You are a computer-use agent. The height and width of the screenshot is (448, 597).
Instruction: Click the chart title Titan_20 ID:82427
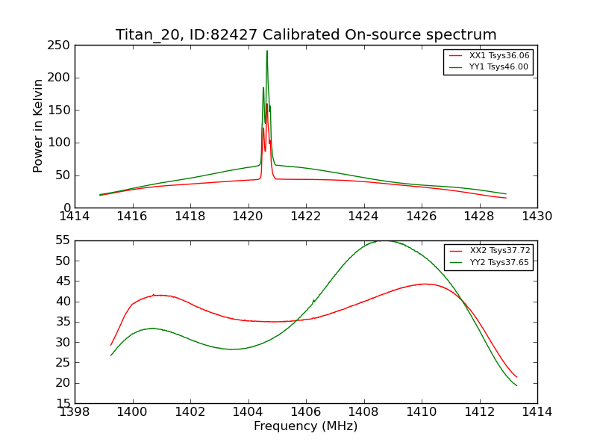(306, 35)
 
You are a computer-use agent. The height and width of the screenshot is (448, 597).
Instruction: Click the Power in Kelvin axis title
(38, 125)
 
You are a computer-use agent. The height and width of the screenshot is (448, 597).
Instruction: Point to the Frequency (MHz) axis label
(306, 426)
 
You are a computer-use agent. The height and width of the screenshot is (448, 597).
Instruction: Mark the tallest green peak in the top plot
(266, 51)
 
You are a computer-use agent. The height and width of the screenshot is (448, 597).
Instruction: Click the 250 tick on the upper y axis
(62, 46)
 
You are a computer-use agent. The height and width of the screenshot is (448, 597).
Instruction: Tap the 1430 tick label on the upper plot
(537, 217)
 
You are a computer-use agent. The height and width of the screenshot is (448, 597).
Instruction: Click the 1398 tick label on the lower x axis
(75, 411)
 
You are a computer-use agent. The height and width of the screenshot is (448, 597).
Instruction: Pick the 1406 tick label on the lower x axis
(306, 411)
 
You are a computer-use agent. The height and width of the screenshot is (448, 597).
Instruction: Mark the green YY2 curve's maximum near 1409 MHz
(385, 240)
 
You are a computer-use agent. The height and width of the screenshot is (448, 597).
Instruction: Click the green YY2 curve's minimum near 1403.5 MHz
(234, 349)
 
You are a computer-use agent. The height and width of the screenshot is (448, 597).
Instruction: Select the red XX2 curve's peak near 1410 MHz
(425, 284)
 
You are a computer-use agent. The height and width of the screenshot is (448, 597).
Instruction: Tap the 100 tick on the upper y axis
(62, 143)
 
